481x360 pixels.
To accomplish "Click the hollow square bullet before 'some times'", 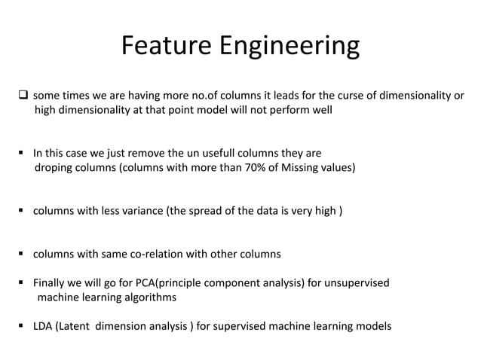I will click(x=23, y=96).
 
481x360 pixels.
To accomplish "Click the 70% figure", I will click(x=259, y=167).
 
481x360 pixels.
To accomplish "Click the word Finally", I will click(x=52, y=283).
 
